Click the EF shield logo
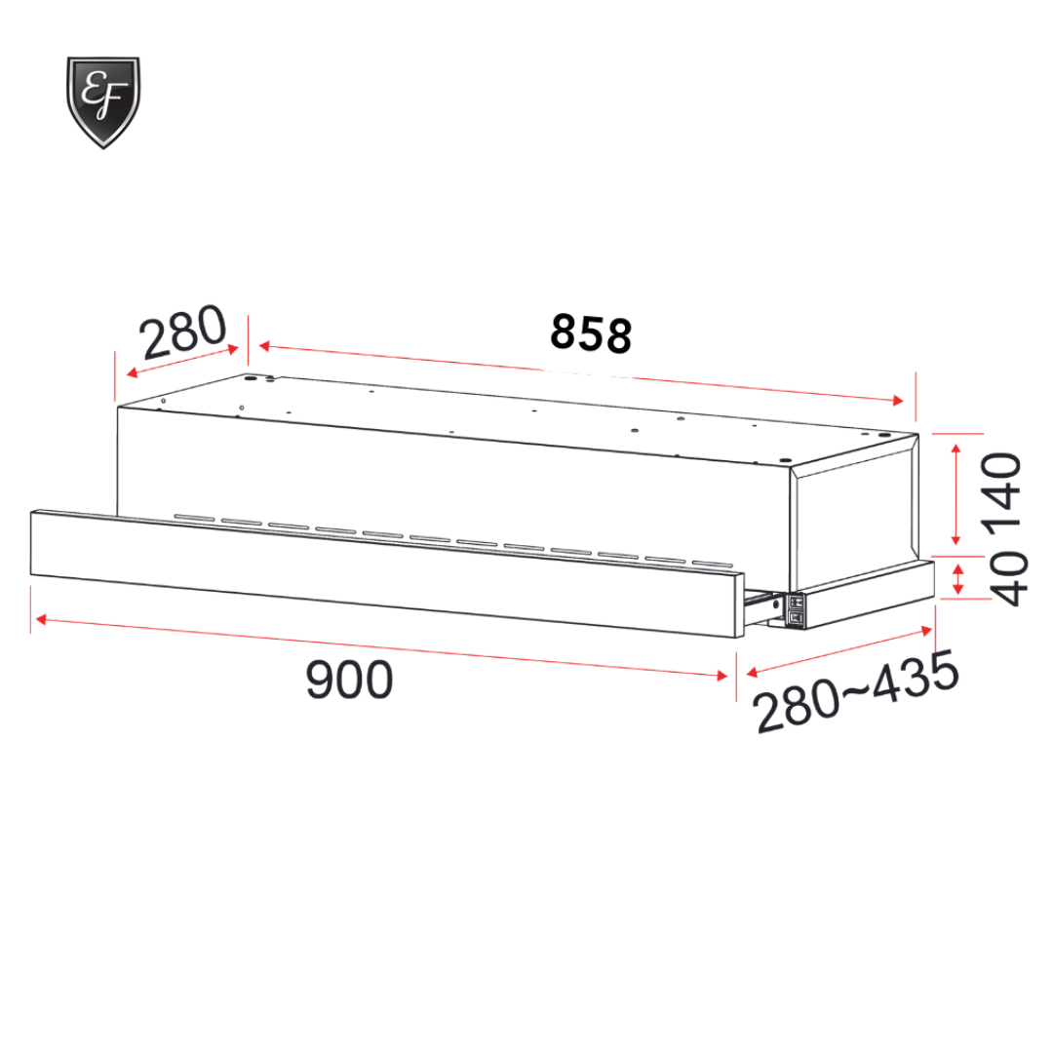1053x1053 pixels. pyautogui.click(x=103, y=101)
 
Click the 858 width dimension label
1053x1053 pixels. pyautogui.click(x=591, y=333)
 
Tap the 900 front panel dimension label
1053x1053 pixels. pyautogui.click(x=349, y=680)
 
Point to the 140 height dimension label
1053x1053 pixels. pyautogui.click(x=1003, y=496)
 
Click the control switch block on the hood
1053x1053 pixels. pyautogui.click(x=796, y=607)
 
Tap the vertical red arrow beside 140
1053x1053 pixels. pyautogui.click(x=956, y=493)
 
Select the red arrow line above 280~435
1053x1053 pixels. pyautogui.click(x=838, y=649)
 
